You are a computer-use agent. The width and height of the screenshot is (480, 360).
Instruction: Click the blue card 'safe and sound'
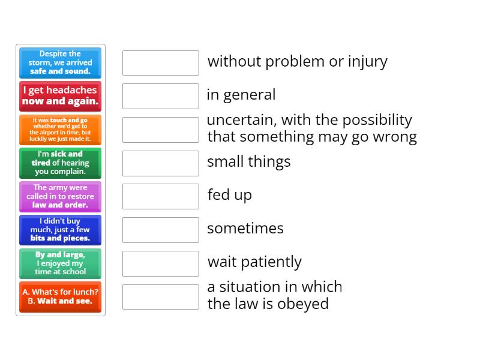coord(60,62)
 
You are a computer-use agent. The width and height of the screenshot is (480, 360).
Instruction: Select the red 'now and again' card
coord(60,96)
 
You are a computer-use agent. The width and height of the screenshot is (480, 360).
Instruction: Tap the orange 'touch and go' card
coord(60,130)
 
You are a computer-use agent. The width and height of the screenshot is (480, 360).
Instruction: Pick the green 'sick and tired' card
coord(60,163)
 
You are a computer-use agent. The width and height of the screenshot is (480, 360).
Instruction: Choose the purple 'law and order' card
coord(60,196)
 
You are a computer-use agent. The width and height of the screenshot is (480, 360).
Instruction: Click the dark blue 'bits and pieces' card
coord(60,230)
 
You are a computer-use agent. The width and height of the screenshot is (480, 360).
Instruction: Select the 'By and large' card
coord(60,263)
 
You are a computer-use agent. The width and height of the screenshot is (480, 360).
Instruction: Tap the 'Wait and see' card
coord(60,296)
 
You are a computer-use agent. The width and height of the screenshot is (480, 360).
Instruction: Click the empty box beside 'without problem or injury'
coord(160,63)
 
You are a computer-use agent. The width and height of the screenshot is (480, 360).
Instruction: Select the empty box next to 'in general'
coord(160,96)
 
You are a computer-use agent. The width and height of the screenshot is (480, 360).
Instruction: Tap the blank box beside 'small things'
coord(160,163)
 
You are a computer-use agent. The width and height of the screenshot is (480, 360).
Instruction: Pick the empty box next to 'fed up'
coord(160,196)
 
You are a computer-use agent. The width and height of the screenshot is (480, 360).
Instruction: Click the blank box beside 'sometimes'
coord(160,230)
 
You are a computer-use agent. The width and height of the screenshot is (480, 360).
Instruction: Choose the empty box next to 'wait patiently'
coord(160,263)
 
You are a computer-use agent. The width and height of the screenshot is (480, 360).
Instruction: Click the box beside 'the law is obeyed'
coord(160,296)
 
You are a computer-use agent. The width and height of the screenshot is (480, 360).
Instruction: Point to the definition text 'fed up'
coord(229,195)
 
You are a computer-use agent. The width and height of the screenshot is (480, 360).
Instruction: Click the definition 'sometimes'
coord(245,229)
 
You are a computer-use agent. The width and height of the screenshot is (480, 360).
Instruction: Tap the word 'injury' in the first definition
coord(367,62)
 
